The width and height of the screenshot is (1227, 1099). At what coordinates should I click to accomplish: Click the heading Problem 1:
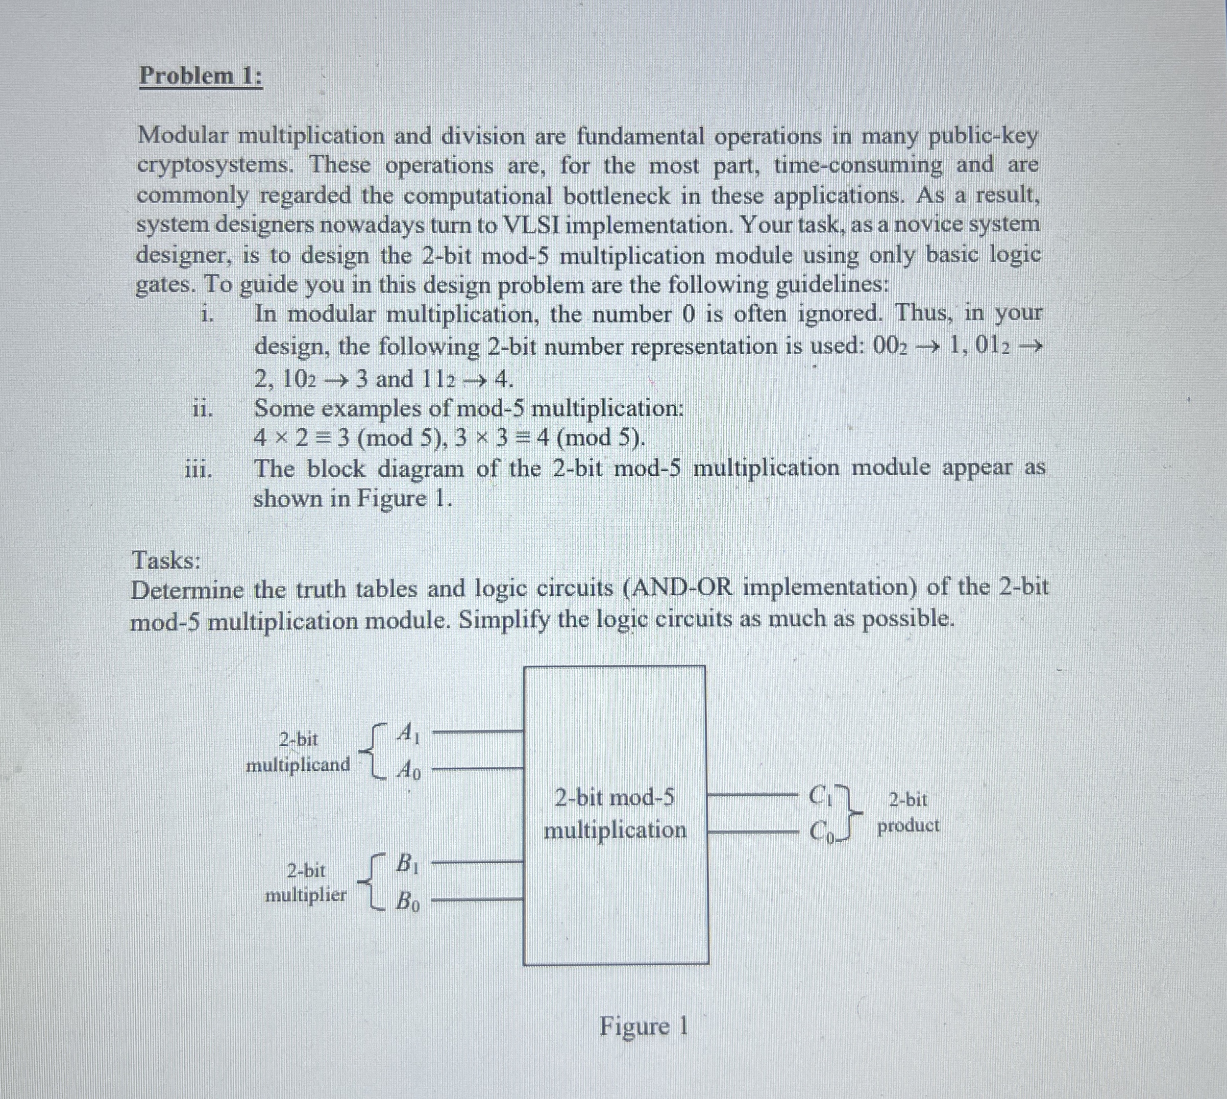tap(201, 77)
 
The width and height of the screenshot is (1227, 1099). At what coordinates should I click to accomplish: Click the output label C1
tap(822, 794)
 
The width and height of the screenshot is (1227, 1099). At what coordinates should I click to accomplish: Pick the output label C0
tap(822, 832)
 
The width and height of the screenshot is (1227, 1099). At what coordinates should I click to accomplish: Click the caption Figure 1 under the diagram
tap(643, 1026)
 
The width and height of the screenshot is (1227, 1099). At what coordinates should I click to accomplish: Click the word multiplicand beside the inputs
tap(298, 765)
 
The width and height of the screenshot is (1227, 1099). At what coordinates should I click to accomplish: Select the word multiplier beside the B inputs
tap(306, 895)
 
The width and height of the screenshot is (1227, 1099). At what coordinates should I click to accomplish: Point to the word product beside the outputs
tap(908, 825)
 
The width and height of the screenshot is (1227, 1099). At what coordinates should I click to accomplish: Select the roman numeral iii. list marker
tap(198, 470)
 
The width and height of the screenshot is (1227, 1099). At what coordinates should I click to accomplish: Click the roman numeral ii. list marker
tap(202, 409)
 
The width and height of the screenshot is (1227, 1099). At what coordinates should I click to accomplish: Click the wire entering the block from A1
tap(477, 731)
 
